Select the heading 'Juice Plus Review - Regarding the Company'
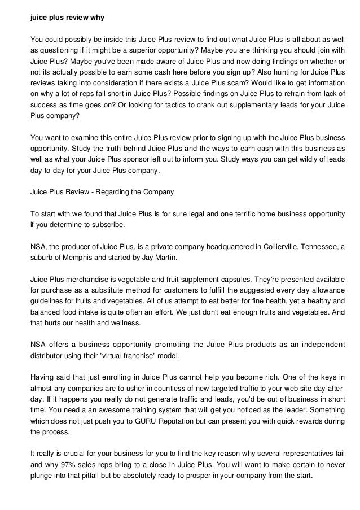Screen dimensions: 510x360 click(102, 192)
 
